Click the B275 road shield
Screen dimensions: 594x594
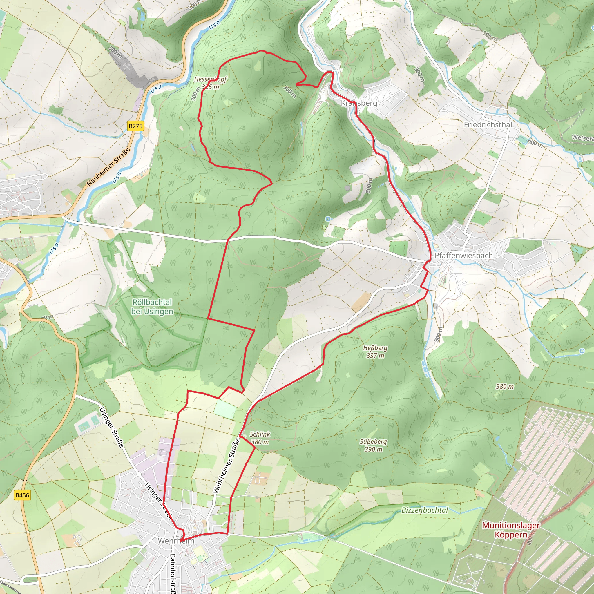135,126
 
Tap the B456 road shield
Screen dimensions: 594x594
22,495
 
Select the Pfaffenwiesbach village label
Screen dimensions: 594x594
463,256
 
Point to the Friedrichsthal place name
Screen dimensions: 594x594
488,125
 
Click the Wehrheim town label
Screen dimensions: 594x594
176,541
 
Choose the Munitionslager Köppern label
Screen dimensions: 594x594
511,530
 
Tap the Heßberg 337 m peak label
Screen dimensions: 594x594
375,352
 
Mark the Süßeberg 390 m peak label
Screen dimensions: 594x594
373,445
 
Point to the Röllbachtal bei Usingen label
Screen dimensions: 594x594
152,307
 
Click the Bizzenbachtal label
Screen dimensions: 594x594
425,510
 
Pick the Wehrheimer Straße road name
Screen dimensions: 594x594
226,466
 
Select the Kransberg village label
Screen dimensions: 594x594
359,103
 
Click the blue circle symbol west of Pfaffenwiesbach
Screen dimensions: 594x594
328,219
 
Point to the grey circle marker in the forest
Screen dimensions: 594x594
347,188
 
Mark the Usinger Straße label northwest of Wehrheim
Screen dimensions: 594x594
112,427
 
